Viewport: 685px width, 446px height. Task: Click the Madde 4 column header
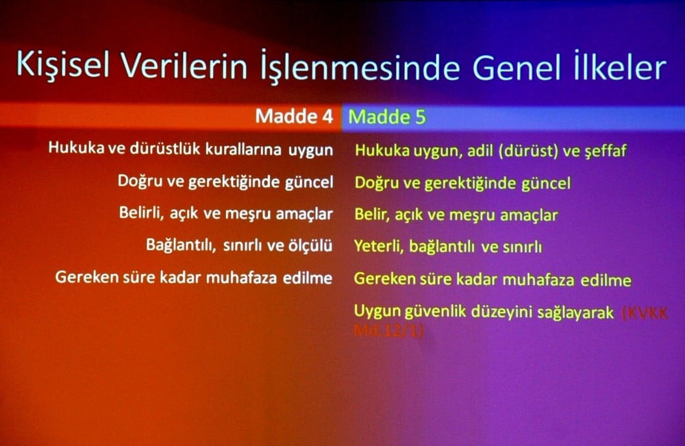pyautogui.click(x=294, y=116)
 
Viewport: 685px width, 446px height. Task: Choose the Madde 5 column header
pyautogui.click(x=387, y=117)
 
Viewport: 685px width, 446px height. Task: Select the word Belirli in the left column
pyautogui.click(x=140, y=213)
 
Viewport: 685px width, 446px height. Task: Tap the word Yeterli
pyautogui.click(x=377, y=247)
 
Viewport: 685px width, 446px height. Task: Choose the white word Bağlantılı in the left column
pyautogui.click(x=179, y=245)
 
